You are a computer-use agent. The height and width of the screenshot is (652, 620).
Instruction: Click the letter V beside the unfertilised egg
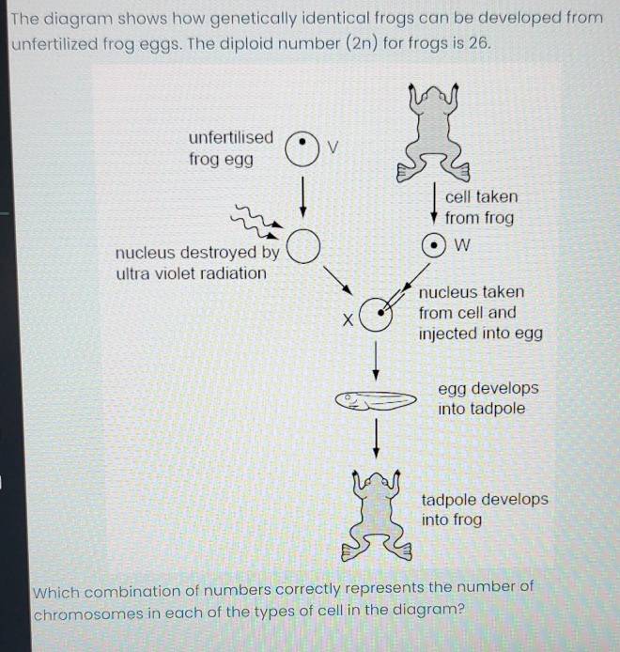[333, 147]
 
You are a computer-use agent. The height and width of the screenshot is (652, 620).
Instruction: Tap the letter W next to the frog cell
[462, 245]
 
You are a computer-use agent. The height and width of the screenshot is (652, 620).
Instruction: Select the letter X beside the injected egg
[348, 319]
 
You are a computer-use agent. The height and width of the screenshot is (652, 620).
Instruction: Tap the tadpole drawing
[376, 401]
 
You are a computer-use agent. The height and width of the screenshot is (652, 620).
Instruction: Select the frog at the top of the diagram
[433, 133]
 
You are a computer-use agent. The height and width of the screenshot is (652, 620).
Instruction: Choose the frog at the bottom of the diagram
[377, 516]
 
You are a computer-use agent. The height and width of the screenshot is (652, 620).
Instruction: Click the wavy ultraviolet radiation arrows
[257, 222]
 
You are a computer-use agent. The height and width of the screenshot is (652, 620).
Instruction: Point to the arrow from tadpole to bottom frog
[377, 439]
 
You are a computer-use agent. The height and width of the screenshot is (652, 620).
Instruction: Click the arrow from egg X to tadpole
[376, 361]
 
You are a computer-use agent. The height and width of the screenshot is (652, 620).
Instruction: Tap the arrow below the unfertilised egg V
[303, 197]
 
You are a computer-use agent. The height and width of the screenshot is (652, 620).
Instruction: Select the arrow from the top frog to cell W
[435, 203]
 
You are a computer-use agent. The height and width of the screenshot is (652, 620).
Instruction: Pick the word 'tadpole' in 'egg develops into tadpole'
[497, 409]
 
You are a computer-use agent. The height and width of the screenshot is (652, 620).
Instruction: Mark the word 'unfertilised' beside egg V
[231, 137]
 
